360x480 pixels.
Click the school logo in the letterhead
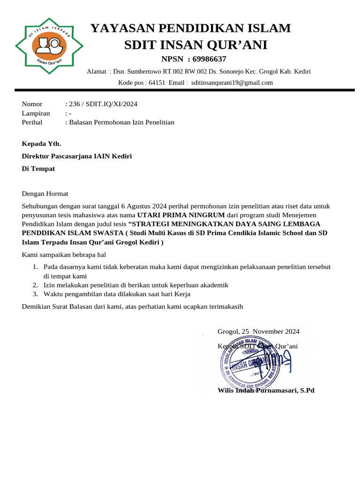click(x=49, y=45)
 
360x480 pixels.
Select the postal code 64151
click(x=157, y=82)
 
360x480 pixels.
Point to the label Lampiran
click(x=36, y=113)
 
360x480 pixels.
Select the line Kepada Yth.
click(x=42, y=143)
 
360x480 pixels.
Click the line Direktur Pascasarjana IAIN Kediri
click(x=77, y=156)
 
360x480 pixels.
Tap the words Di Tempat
click(x=38, y=169)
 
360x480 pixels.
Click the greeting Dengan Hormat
click(x=45, y=194)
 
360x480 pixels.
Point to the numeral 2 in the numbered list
click(x=35, y=285)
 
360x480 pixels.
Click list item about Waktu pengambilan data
click(x=117, y=294)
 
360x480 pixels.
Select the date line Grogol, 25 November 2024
click(x=258, y=331)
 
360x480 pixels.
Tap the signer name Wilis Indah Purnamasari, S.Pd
click(x=266, y=390)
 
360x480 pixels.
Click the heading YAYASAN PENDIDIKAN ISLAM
click(x=190, y=28)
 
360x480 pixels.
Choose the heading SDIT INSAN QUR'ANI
click(x=195, y=45)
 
